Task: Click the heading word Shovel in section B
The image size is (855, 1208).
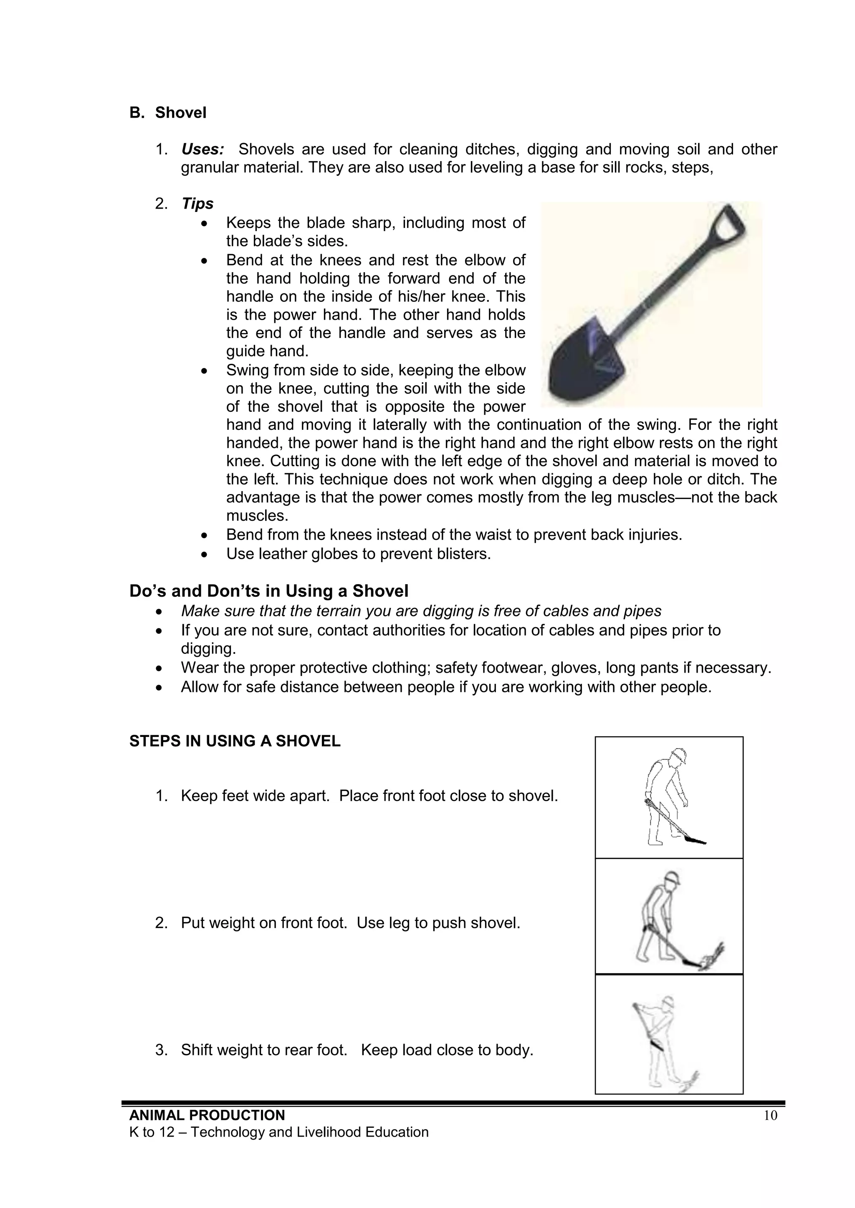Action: click(x=181, y=113)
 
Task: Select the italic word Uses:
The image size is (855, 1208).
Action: click(x=203, y=149)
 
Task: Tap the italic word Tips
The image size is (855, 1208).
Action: click(x=197, y=204)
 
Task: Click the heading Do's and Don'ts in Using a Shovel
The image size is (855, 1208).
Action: click(x=268, y=591)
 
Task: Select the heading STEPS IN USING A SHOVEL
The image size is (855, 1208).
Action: click(x=235, y=741)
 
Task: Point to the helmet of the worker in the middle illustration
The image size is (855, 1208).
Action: click(x=672, y=878)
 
